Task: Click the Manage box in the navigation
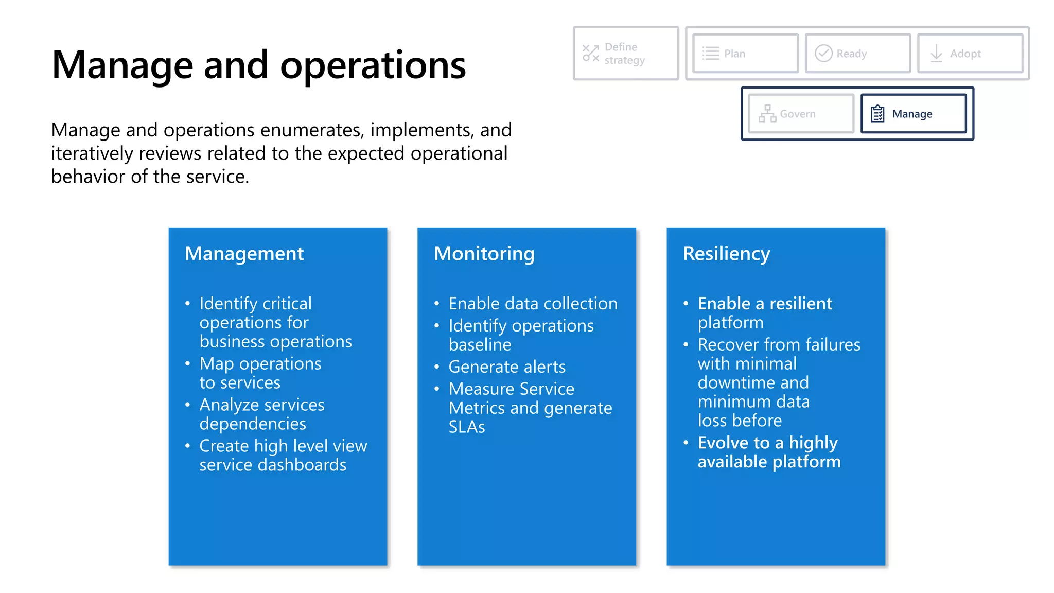point(914,114)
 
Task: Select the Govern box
point(801,114)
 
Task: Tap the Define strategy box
point(625,54)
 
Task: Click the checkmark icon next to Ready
point(823,54)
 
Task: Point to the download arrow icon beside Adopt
point(936,54)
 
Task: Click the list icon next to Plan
point(711,54)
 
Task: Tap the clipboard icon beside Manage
point(877,114)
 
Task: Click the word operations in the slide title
point(373,65)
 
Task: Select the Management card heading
point(244,254)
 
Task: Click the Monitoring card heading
point(484,254)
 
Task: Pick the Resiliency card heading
point(726,254)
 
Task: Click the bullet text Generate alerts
point(506,367)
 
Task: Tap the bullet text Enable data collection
point(532,304)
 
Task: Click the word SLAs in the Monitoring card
point(466,427)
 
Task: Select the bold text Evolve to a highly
point(767,443)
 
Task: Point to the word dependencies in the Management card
point(253,424)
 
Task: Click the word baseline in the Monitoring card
point(480,345)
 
